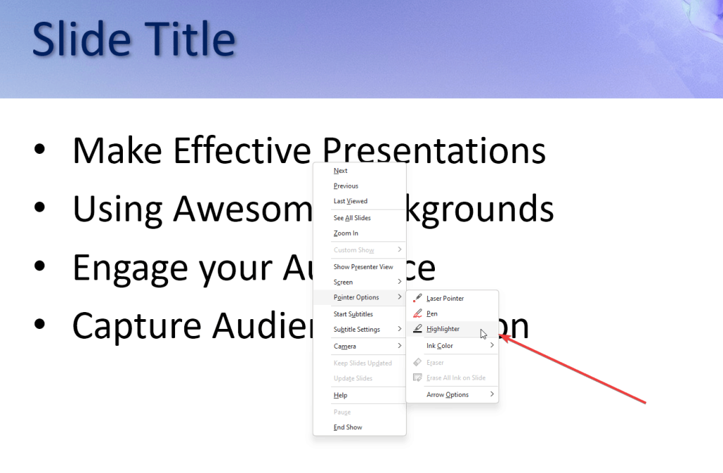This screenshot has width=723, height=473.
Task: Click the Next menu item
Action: (x=341, y=171)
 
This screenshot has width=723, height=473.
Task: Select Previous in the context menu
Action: (x=346, y=186)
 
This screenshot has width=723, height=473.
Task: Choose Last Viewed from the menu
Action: (x=350, y=201)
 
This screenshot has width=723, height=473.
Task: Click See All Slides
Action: (x=352, y=218)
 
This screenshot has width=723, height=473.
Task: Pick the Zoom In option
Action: (x=346, y=234)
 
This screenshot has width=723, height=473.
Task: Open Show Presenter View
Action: (x=363, y=267)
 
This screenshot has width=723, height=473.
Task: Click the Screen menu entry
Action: (x=343, y=282)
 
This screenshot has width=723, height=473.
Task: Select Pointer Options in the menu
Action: (x=357, y=298)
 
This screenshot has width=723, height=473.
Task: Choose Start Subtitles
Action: (x=353, y=314)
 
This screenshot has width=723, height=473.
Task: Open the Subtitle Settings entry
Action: (x=357, y=330)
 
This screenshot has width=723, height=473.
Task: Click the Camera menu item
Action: (x=345, y=347)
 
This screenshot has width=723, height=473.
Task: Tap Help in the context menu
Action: (x=340, y=395)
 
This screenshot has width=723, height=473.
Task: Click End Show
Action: (x=348, y=428)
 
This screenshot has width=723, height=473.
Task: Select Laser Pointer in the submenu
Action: (x=445, y=299)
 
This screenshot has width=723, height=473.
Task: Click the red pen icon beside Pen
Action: (x=418, y=313)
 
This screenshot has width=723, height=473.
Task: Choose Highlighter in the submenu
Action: (x=443, y=329)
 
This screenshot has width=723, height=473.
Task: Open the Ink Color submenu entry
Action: (x=440, y=346)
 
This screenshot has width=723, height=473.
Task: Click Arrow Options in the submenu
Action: (x=448, y=395)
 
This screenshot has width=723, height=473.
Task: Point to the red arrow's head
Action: (x=502, y=337)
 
